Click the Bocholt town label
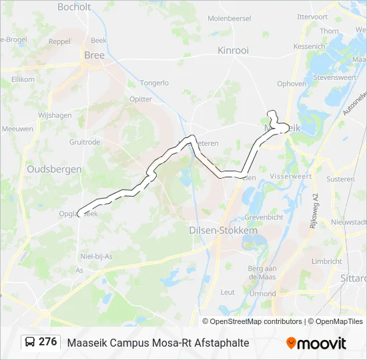click(74, 7)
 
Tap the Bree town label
click(94, 55)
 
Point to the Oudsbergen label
click(54, 169)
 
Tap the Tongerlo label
click(154, 83)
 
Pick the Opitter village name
click(141, 99)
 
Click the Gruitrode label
click(85, 142)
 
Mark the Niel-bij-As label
click(96, 256)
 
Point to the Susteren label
click(340, 179)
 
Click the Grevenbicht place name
click(264, 217)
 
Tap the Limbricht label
click(327, 262)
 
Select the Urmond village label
click(262, 294)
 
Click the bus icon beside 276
click(30, 342)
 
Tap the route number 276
click(48, 342)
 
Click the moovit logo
click(316, 343)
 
